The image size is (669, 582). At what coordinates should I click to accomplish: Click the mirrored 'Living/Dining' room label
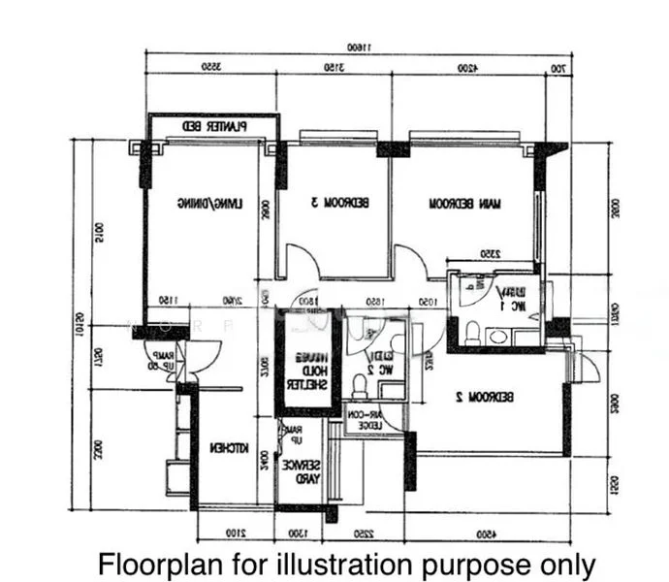click(208, 204)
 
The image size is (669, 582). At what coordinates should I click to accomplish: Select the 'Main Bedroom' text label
click(465, 204)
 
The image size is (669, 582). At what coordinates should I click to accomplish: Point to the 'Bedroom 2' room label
click(489, 397)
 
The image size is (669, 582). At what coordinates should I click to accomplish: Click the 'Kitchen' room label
click(231, 448)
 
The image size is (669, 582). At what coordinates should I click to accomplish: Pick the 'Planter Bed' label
click(214, 126)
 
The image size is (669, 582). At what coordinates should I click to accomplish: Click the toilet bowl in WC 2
click(359, 385)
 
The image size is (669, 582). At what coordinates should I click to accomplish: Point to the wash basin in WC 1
click(497, 337)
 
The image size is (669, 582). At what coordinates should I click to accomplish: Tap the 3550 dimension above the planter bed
click(208, 70)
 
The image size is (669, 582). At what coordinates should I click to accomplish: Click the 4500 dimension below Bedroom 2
click(482, 533)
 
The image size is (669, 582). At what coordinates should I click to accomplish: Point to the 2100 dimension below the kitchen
click(235, 533)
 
